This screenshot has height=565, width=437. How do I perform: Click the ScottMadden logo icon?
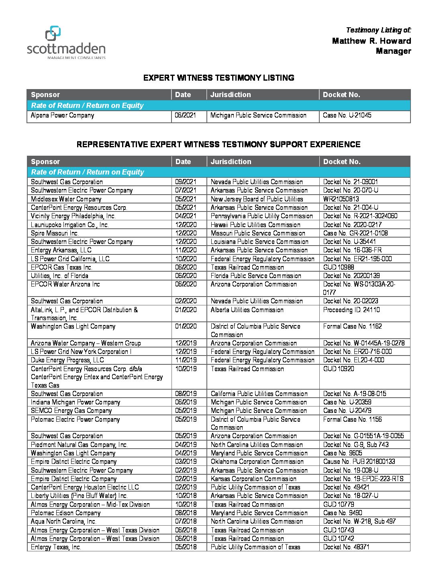(53, 34)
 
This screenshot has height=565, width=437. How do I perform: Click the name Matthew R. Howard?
(371, 41)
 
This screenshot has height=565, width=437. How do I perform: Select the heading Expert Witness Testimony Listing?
(218, 78)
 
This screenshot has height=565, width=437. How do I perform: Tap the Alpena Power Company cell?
(63, 116)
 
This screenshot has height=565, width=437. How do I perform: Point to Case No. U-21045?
(347, 116)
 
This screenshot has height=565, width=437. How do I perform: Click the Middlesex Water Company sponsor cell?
(66, 199)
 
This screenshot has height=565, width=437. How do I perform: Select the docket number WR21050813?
(341, 199)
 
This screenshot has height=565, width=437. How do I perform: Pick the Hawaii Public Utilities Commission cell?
(255, 225)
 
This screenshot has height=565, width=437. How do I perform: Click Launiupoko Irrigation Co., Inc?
(70, 225)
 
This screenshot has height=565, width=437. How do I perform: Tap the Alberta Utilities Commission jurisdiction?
(247, 310)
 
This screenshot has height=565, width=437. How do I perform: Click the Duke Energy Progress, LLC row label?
(67, 360)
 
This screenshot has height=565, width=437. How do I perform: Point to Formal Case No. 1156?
(352, 419)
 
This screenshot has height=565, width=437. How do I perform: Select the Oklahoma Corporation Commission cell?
(257, 461)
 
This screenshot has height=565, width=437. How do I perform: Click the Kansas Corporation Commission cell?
(253, 479)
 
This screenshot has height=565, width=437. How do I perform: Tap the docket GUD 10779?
(339, 504)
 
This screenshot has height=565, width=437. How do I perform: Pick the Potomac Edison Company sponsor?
(66, 513)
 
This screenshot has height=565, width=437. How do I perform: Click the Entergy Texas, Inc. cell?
(56, 547)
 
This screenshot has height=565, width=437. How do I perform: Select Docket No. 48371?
(346, 547)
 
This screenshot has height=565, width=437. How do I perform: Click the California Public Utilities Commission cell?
(259, 394)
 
